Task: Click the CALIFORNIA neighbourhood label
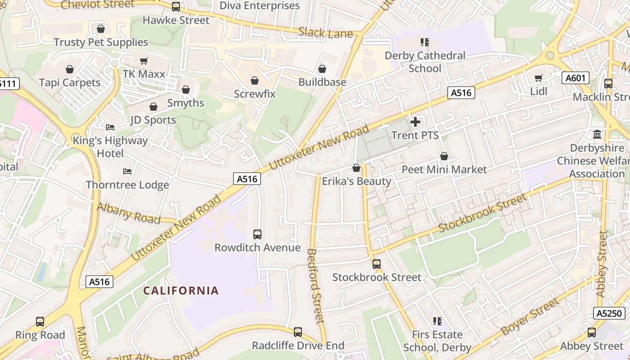(x=181, y=291)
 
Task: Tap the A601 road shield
(x=575, y=78)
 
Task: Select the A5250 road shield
(x=609, y=313)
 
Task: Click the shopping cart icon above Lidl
(x=539, y=78)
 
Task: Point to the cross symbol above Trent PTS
(x=415, y=122)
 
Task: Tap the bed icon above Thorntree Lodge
(x=127, y=171)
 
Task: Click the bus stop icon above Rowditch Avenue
(x=257, y=234)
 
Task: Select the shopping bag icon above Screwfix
(x=255, y=81)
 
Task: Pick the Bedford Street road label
(x=315, y=286)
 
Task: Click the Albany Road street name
(x=129, y=213)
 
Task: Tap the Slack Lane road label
(x=325, y=33)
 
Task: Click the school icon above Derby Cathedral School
(x=424, y=42)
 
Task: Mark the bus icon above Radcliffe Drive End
(x=298, y=332)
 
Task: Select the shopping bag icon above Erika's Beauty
(x=356, y=168)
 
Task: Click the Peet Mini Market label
(x=444, y=170)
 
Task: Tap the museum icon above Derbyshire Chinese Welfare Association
(x=598, y=135)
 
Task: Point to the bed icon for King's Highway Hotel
(x=110, y=127)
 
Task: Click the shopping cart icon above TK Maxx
(x=144, y=61)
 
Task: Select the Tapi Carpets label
(x=70, y=83)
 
